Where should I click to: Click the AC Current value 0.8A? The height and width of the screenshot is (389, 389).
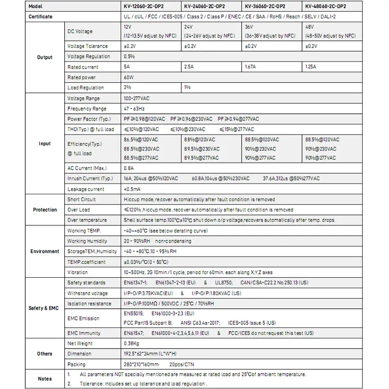(129, 168)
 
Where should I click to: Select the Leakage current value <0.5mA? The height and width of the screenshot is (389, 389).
(133, 189)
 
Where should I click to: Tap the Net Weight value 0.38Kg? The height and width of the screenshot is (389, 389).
(132, 343)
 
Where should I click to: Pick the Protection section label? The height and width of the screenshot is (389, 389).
(45, 210)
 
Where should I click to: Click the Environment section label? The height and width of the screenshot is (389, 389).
(45, 251)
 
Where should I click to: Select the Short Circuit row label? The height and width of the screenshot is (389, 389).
(81, 199)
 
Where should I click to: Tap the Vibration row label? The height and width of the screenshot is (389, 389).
(78, 272)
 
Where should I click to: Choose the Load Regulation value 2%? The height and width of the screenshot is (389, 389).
(127, 88)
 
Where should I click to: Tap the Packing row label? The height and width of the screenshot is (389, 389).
(76, 364)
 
